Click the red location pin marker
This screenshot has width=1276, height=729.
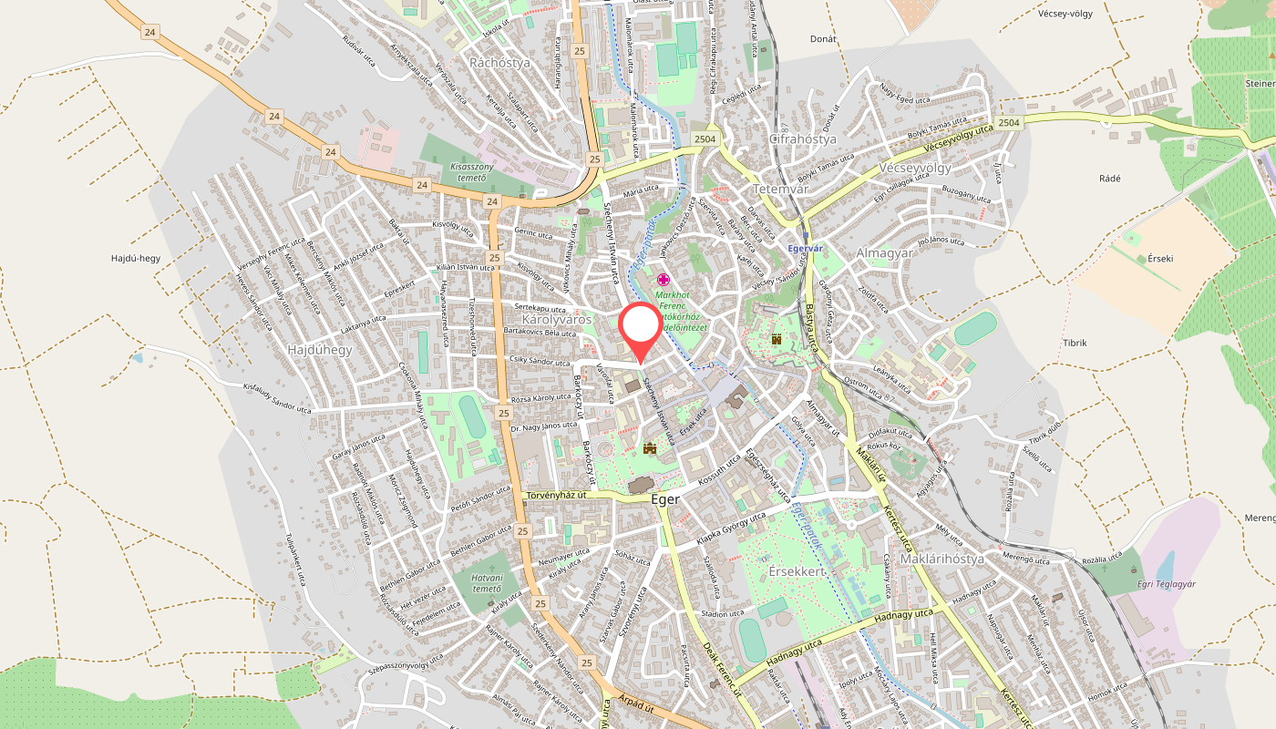click(x=640, y=328)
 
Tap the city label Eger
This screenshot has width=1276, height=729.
click(x=665, y=500)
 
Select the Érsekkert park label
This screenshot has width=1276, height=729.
click(x=797, y=570)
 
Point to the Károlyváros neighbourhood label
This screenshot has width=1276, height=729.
click(x=557, y=320)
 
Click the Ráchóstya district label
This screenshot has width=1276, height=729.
click(x=499, y=63)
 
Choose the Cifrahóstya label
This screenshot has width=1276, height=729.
click(x=803, y=139)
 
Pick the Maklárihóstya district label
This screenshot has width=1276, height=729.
click(x=942, y=559)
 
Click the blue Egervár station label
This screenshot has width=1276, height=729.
click(x=805, y=248)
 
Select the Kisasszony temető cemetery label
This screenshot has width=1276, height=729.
click(x=471, y=172)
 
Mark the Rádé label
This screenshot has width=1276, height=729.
click(x=1109, y=179)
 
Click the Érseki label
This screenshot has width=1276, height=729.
click(x=1160, y=258)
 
